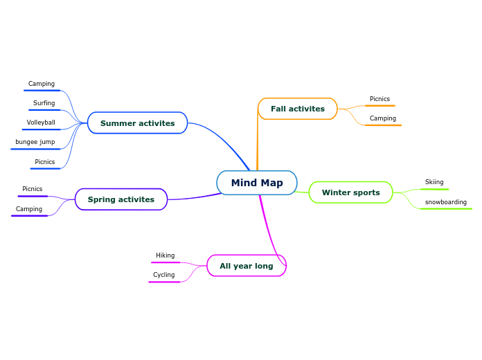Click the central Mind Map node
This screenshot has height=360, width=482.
(257, 183)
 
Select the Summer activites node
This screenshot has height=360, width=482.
(137, 123)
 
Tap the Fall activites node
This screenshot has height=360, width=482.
(297, 109)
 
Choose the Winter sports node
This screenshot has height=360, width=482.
(350, 192)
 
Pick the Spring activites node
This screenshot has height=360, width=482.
(121, 199)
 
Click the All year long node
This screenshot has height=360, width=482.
(246, 266)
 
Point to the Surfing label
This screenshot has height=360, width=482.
(44, 103)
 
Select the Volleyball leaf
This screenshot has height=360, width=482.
(41, 123)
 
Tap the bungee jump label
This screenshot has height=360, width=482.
(35, 142)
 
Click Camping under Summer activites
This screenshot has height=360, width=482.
(41, 84)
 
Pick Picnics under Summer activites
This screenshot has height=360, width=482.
(44, 162)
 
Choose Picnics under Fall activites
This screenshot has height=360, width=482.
(380, 99)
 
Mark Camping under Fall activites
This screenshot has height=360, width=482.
(382, 118)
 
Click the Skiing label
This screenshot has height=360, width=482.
(434, 182)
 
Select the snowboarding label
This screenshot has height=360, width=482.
(445, 202)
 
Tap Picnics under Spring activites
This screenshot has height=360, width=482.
(32, 189)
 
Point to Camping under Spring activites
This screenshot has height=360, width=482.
(29, 209)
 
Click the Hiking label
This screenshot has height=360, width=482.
(165, 255)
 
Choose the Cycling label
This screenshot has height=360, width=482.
(163, 275)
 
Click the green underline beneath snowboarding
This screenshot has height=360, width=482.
(446, 208)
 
